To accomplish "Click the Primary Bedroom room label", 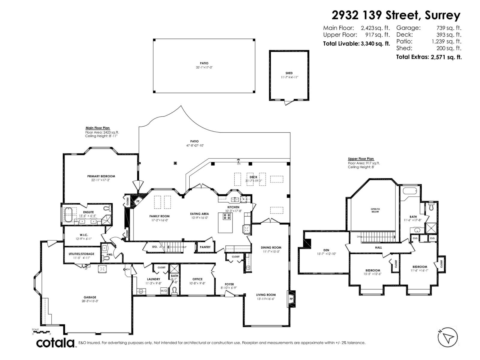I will pyautogui.click(x=101, y=176).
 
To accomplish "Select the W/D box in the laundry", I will pyautogui.click(x=164, y=291).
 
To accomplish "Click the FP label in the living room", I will pyautogui.click(x=291, y=299).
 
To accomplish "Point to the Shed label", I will pyautogui.click(x=289, y=73).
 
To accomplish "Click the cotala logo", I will pyautogui.click(x=55, y=343).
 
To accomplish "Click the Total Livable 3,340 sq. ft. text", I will pyautogui.click(x=356, y=43).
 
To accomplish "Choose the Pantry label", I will pyautogui.click(x=205, y=247).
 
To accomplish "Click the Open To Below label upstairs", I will pyautogui.click(x=375, y=210).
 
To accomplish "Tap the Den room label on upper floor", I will pyautogui.click(x=326, y=250).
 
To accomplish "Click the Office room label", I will pyautogui.click(x=197, y=279).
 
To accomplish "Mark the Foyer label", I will pyautogui.click(x=229, y=284).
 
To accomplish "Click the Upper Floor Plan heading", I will pyautogui.click(x=361, y=159).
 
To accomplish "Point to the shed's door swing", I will pyautogui.click(x=288, y=103).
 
